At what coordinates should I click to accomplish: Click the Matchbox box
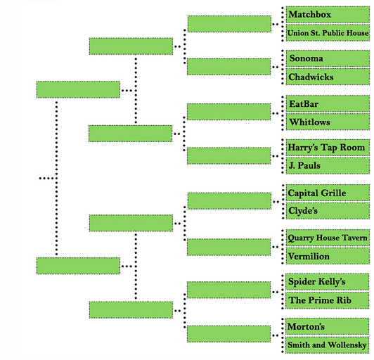click(x=328, y=15)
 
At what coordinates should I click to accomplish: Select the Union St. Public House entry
click(x=328, y=33)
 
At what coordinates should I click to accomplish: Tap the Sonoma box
click(x=328, y=58)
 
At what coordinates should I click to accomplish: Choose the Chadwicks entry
click(x=328, y=77)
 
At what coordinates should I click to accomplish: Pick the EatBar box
click(x=328, y=104)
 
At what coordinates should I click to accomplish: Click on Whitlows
click(x=328, y=122)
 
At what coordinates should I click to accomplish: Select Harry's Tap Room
click(x=328, y=148)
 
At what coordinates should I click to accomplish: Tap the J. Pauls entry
click(x=328, y=165)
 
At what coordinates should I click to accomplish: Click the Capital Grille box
click(x=328, y=193)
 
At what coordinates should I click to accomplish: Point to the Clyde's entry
click(x=328, y=211)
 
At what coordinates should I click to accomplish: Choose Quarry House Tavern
click(x=328, y=238)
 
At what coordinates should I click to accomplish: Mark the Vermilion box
click(x=328, y=256)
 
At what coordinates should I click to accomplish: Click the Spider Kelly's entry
click(x=328, y=282)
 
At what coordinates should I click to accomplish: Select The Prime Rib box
click(x=328, y=300)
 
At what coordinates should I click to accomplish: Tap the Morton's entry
click(x=328, y=326)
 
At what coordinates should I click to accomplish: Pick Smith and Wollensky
click(x=328, y=345)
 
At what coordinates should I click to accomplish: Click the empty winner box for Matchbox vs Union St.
click(x=229, y=24)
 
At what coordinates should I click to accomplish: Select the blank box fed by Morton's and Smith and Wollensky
click(x=228, y=334)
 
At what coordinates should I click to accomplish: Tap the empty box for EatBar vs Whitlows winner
click(x=229, y=112)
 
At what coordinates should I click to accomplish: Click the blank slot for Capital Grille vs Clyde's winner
click(x=229, y=201)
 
